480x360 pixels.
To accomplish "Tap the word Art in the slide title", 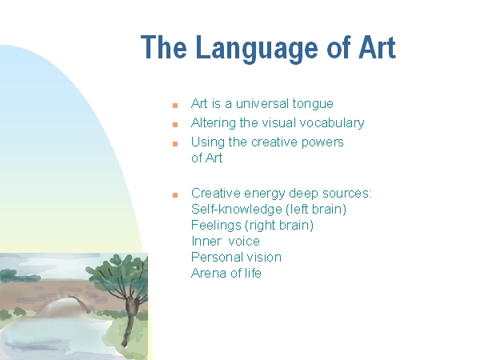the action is click(x=377, y=47).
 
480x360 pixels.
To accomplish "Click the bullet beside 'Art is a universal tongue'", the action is click(x=175, y=106).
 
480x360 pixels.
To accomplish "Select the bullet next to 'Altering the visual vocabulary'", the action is click(x=175, y=125).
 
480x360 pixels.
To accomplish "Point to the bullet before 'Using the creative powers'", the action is click(x=175, y=144).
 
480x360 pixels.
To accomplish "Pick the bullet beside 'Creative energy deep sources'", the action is click(x=175, y=195).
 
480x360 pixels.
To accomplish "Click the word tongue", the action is click(x=313, y=104).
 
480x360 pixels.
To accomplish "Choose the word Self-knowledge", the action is click(x=236, y=209).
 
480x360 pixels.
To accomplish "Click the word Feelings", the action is click(x=216, y=226).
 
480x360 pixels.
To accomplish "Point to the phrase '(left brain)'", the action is click(x=316, y=210).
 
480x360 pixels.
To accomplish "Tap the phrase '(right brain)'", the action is click(x=279, y=226).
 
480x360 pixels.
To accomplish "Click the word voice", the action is click(x=244, y=242).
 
